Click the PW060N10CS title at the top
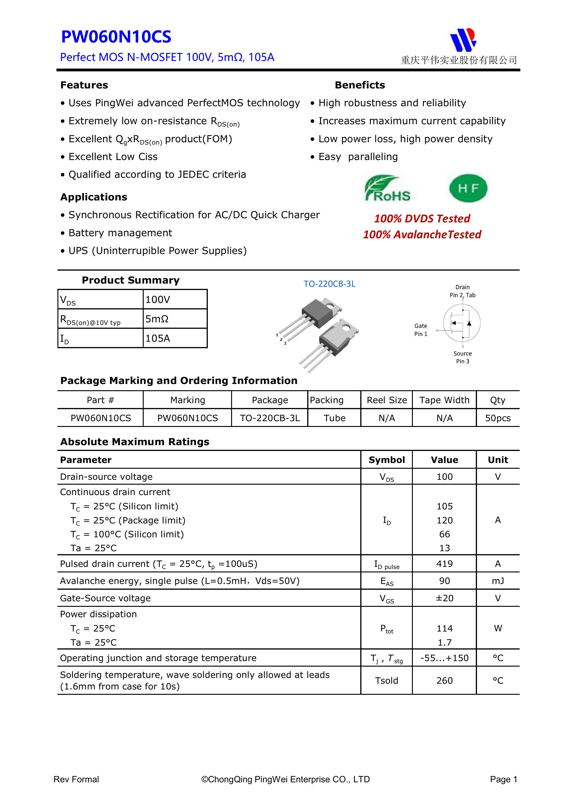click(x=116, y=37)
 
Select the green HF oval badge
click(x=468, y=188)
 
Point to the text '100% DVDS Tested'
click(x=422, y=219)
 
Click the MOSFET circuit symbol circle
click(x=462, y=323)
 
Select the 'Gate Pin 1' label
click(x=420, y=330)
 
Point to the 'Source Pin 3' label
click(x=462, y=357)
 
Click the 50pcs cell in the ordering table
click(x=498, y=418)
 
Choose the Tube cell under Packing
click(x=334, y=418)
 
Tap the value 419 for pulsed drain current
click(x=444, y=564)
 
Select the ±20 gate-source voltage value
click(x=444, y=598)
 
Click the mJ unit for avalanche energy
click(x=498, y=581)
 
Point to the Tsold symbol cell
click(x=387, y=680)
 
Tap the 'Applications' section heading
click(x=94, y=197)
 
